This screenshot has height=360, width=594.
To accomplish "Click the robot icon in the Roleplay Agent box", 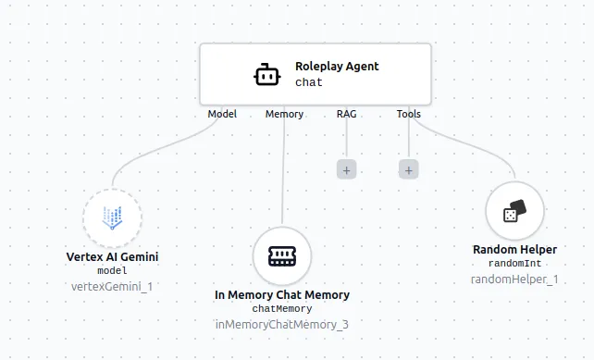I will (266, 74).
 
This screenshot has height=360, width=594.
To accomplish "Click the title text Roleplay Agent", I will (337, 67).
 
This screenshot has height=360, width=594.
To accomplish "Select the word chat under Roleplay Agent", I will (309, 82).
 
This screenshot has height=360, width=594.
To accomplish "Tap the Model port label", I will (222, 115).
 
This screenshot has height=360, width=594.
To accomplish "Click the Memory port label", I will (284, 115).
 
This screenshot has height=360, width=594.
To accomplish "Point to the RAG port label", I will (346, 115).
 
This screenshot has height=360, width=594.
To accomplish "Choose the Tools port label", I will (408, 115).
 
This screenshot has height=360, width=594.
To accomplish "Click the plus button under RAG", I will (346, 169).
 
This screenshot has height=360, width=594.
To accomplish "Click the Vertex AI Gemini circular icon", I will (112, 218).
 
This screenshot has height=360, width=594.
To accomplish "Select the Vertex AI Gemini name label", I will (112, 256).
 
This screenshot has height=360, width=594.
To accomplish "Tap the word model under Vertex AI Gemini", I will (112, 271).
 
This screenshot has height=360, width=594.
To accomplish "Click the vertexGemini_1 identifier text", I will (112, 286).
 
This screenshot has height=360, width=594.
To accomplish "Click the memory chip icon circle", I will (282, 256).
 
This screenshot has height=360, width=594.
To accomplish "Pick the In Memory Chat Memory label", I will (282, 295).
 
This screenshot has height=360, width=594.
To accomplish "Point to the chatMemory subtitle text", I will (282, 309).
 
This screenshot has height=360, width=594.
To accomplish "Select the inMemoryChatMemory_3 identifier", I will (282, 324).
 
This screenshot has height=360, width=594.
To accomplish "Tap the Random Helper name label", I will (514, 250).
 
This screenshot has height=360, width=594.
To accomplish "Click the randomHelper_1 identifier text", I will (514, 279).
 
